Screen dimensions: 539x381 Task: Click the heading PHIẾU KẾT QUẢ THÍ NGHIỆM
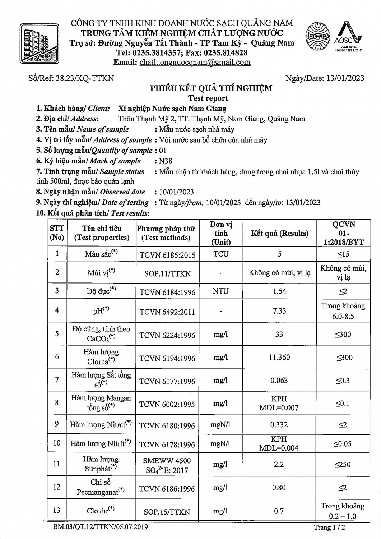click(211, 88)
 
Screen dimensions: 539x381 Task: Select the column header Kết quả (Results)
click(279, 233)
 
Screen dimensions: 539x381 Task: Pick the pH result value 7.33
click(279, 311)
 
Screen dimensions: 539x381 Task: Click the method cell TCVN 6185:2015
click(167, 255)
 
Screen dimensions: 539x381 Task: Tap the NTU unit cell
click(220, 291)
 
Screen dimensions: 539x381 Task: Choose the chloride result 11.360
click(279, 358)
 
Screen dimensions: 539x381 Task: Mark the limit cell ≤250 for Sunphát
click(343, 464)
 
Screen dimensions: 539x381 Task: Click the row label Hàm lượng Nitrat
click(101, 425)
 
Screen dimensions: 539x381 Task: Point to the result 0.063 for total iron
click(279, 381)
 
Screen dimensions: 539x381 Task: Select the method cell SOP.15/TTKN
click(167, 512)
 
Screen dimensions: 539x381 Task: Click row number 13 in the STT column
click(57, 510)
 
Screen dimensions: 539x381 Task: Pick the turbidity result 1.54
click(279, 291)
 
